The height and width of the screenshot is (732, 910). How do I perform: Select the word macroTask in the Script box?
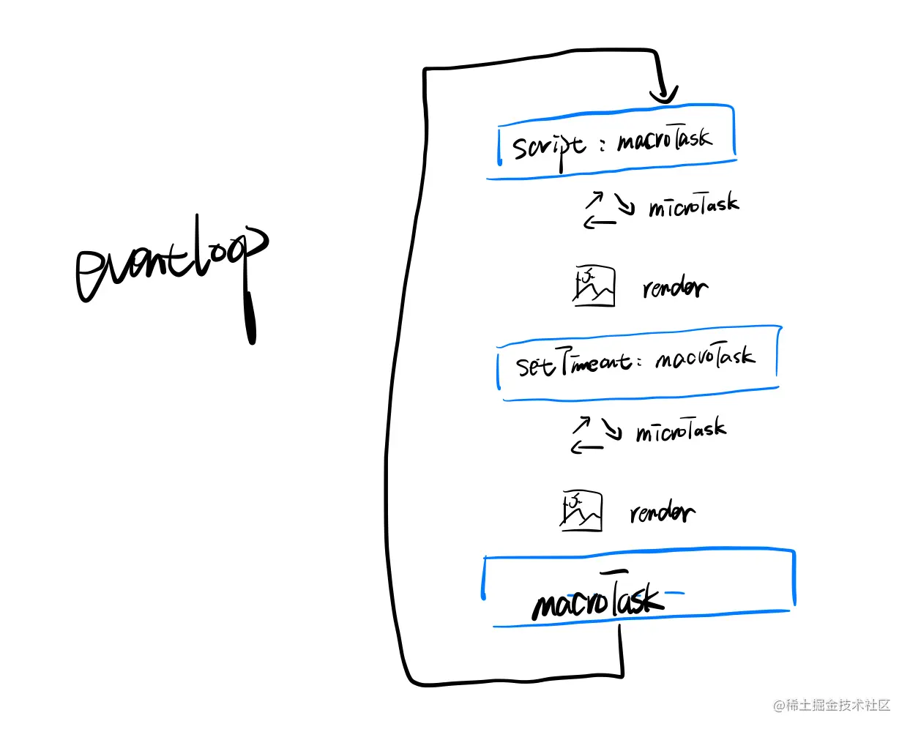click(663, 138)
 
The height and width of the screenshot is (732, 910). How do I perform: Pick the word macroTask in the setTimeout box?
click(705, 357)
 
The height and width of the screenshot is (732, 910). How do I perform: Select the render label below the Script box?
click(674, 288)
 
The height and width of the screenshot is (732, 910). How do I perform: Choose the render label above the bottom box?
click(662, 512)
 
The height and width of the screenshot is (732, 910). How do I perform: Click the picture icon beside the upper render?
click(594, 286)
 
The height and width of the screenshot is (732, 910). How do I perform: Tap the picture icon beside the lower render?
click(581, 510)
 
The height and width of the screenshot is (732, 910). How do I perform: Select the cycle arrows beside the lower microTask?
click(595, 435)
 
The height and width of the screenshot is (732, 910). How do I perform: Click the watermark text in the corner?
click(832, 706)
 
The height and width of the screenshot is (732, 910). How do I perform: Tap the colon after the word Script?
click(603, 145)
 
